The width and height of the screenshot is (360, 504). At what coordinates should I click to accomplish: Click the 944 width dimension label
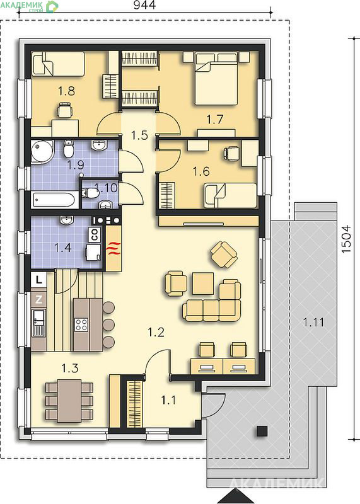144,5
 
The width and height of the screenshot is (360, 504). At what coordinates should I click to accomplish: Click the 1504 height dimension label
346,239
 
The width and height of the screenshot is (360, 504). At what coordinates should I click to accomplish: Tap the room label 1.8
66,91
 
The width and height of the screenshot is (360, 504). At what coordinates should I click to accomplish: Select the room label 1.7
214,120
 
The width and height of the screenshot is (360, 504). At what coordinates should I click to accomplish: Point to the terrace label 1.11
314,322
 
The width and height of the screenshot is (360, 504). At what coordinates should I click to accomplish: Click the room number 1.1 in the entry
168,400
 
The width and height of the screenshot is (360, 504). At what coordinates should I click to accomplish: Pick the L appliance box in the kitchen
38,280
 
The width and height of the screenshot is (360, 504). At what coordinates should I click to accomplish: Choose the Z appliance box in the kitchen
38,300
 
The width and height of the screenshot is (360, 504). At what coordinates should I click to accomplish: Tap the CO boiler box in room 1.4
95,234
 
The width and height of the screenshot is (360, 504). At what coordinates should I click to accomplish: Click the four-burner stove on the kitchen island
81,324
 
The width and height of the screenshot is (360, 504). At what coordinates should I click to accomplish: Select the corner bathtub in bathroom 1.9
42,152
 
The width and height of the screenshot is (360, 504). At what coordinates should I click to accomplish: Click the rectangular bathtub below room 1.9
55,200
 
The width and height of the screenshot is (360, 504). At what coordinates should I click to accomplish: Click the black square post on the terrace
262,431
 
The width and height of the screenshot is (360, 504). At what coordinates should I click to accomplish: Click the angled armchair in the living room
224,255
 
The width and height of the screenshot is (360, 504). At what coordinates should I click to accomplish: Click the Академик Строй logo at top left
30,6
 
